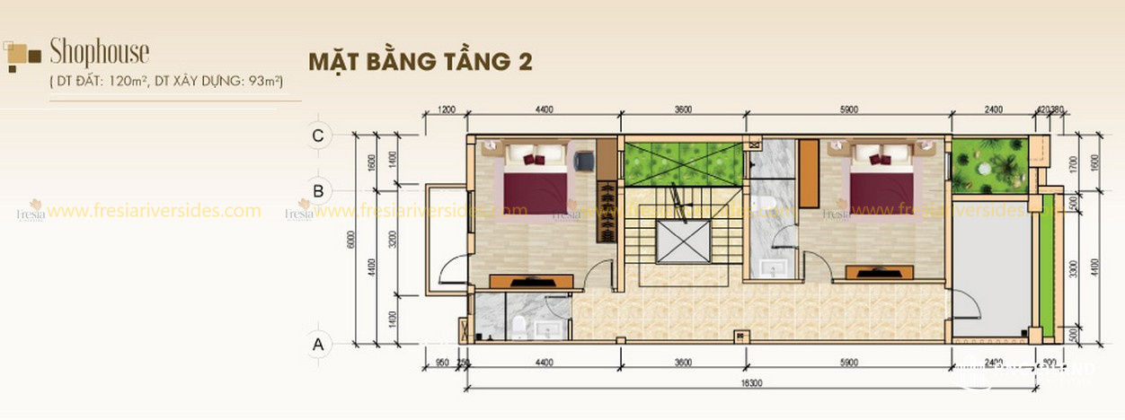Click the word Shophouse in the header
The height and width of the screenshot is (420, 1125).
click(x=100, y=52)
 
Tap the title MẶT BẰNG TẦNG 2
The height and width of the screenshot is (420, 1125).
click(x=420, y=62)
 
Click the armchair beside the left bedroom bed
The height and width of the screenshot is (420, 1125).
click(x=583, y=161)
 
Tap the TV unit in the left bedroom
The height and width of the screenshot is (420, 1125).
click(x=530, y=281)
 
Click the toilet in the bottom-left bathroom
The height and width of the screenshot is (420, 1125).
click(x=518, y=322)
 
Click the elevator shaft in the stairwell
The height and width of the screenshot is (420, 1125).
click(x=683, y=240)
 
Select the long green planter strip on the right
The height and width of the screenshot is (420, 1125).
click(x=1046, y=268)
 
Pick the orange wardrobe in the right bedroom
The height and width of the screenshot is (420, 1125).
click(x=808, y=173)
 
